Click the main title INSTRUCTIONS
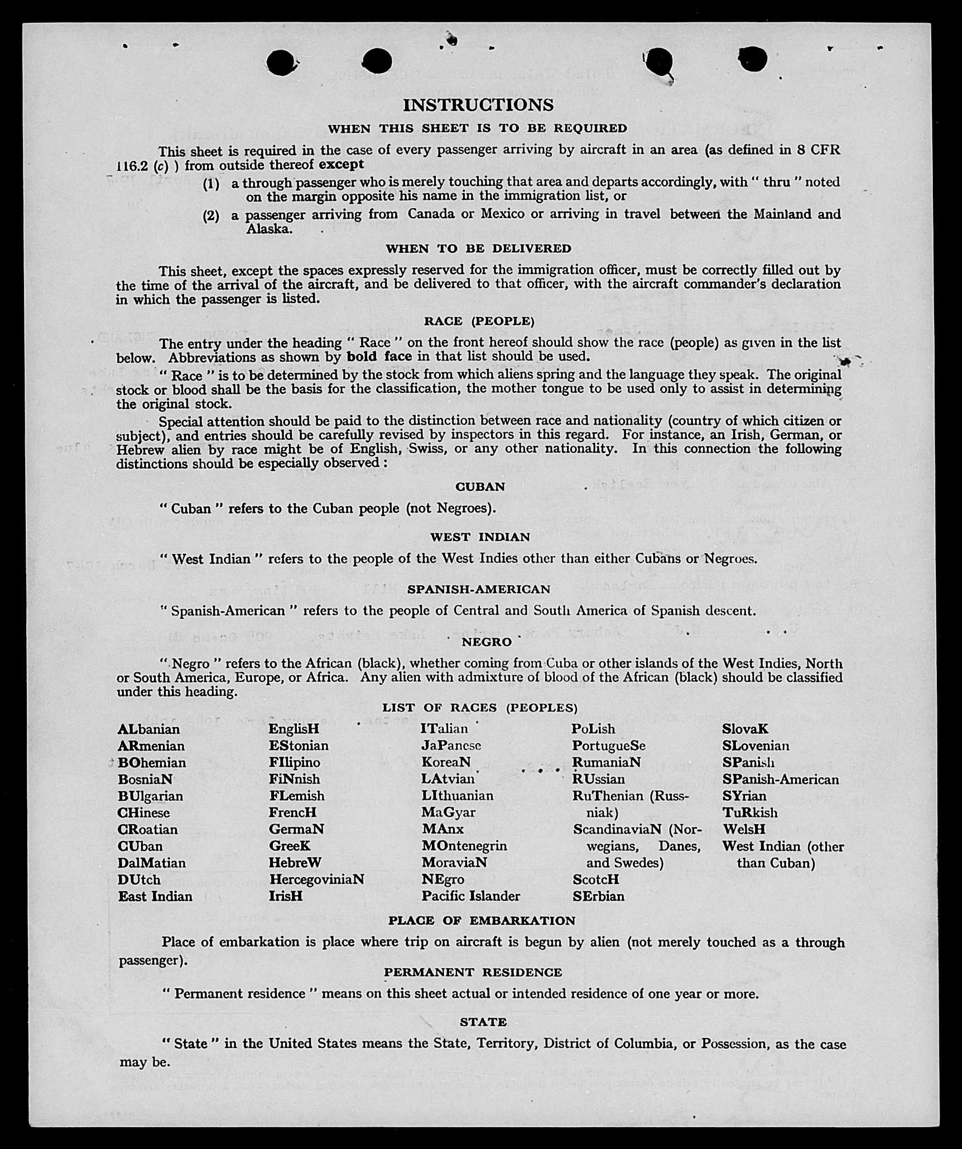point(478,105)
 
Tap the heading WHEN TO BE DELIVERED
point(478,248)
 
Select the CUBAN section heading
point(480,487)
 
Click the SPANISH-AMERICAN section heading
point(478,589)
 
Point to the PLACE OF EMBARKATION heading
point(482,920)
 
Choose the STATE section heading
point(483,1022)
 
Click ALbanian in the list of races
point(148,729)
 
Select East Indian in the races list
point(155,896)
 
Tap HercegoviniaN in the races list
point(316,879)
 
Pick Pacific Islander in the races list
point(470,896)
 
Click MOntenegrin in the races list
point(464,846)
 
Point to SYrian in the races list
point(744,796)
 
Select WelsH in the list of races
point(744,829)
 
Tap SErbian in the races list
point(598,896)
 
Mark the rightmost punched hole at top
point(752,59)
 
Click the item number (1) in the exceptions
point(211,183)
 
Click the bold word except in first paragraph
point(341,165)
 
